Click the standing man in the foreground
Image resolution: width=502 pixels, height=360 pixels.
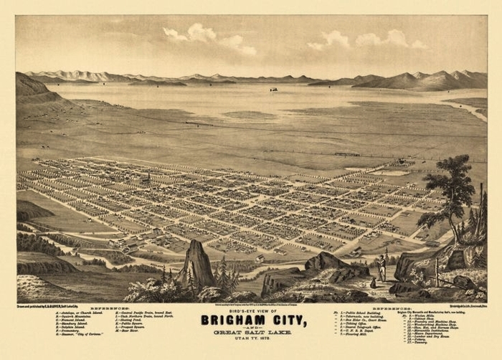pos(382,268)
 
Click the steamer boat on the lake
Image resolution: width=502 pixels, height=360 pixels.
pos(273,90)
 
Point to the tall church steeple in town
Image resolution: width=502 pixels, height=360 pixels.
pos(148,176)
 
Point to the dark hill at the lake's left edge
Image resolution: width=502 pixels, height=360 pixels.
pos(36,90)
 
